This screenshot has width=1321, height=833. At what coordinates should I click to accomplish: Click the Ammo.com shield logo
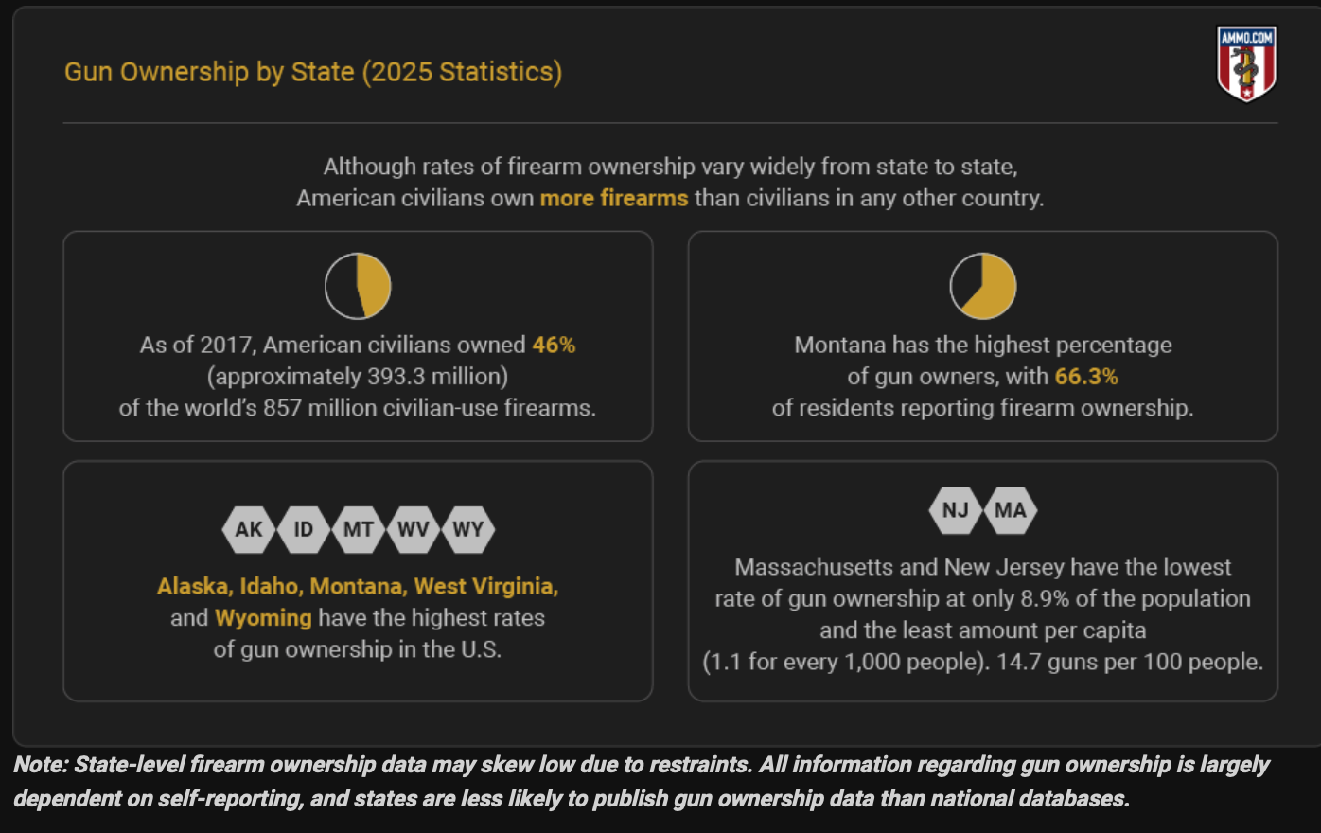(x=1246, y=63)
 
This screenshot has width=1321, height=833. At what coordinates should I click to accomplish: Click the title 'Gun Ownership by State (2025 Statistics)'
(x=313, y=72)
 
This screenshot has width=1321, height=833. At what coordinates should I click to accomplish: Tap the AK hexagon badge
(x=249, y=529)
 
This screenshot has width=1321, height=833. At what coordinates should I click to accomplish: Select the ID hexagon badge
(x=304, y=529)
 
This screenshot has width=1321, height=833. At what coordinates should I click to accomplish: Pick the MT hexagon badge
(x=359, y=529)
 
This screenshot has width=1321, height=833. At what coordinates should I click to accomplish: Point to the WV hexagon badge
(x=414, y=529)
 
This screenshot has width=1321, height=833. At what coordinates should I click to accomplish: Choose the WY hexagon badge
(x=468, y=529)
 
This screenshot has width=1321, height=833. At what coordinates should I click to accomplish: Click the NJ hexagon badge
(x=956, y=510)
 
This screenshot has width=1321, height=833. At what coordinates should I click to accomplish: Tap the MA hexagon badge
(x=1011, y=510)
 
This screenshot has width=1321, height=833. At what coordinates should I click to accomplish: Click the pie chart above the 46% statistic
(x=358, y=286)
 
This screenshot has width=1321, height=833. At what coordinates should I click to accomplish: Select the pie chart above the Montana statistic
(x=983, y=286)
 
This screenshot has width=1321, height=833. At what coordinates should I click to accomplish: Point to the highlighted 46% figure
(x=554, y=345)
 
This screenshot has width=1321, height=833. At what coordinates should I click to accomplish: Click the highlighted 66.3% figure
(x=1086, y=377)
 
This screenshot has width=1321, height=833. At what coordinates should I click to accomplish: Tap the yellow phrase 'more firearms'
(x=614, y=199)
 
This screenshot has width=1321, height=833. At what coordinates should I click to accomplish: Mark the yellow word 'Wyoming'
(x=263, y=618)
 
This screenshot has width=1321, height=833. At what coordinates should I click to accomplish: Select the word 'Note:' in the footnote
(x=41, y=765)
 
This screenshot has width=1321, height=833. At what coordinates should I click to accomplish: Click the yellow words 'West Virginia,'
(x=486, y=587)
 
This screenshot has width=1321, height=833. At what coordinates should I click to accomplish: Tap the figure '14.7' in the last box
(x=1018, y=662)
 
